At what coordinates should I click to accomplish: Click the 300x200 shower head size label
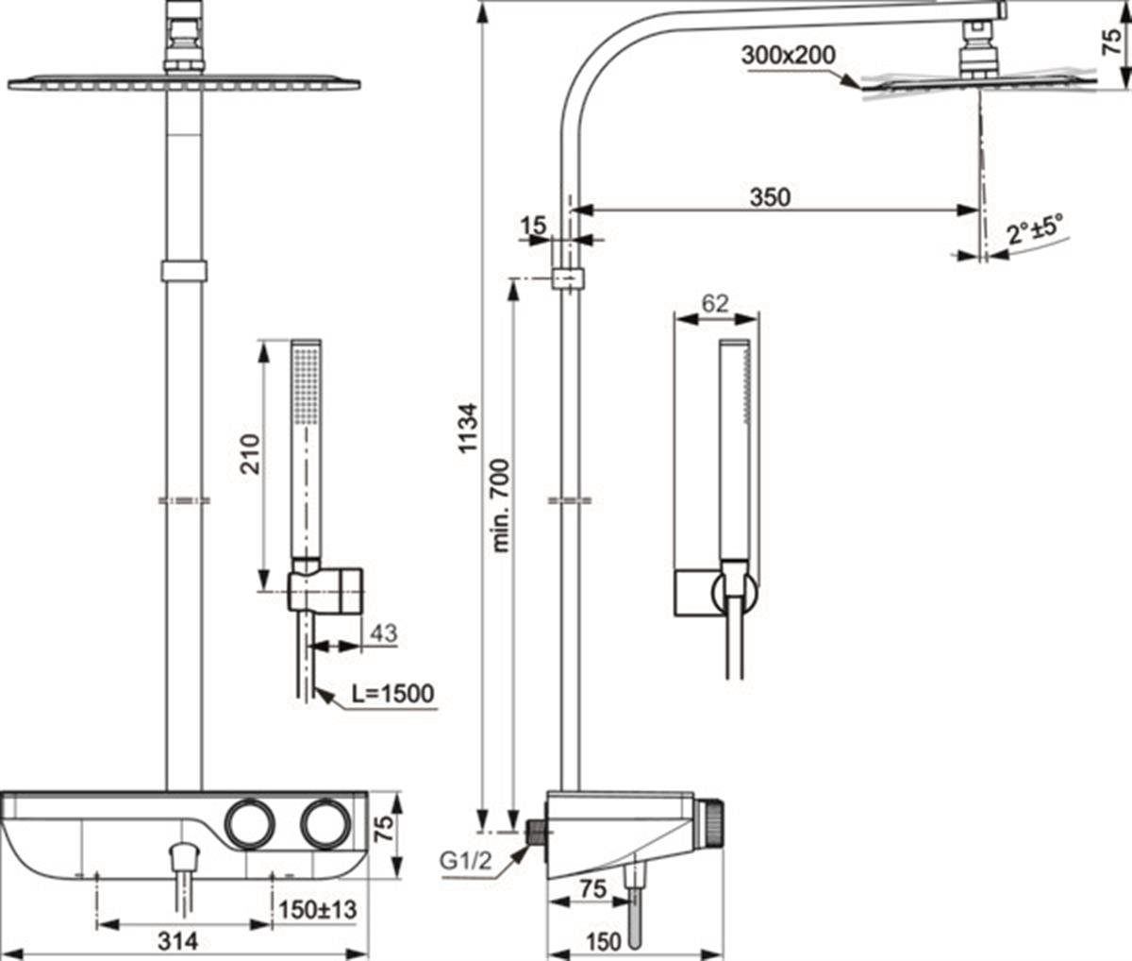[789, 56]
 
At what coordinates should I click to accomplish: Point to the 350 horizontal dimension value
[770, 197]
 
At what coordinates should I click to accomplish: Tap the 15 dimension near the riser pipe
[533, 225]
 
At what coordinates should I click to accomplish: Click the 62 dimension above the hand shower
[715, 303]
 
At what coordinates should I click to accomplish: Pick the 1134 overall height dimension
[468, 429]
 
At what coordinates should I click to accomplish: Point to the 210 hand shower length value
[250, 454]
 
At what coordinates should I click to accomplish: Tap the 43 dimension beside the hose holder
[383, 633]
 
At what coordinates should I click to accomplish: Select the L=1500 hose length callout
[392, 694]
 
